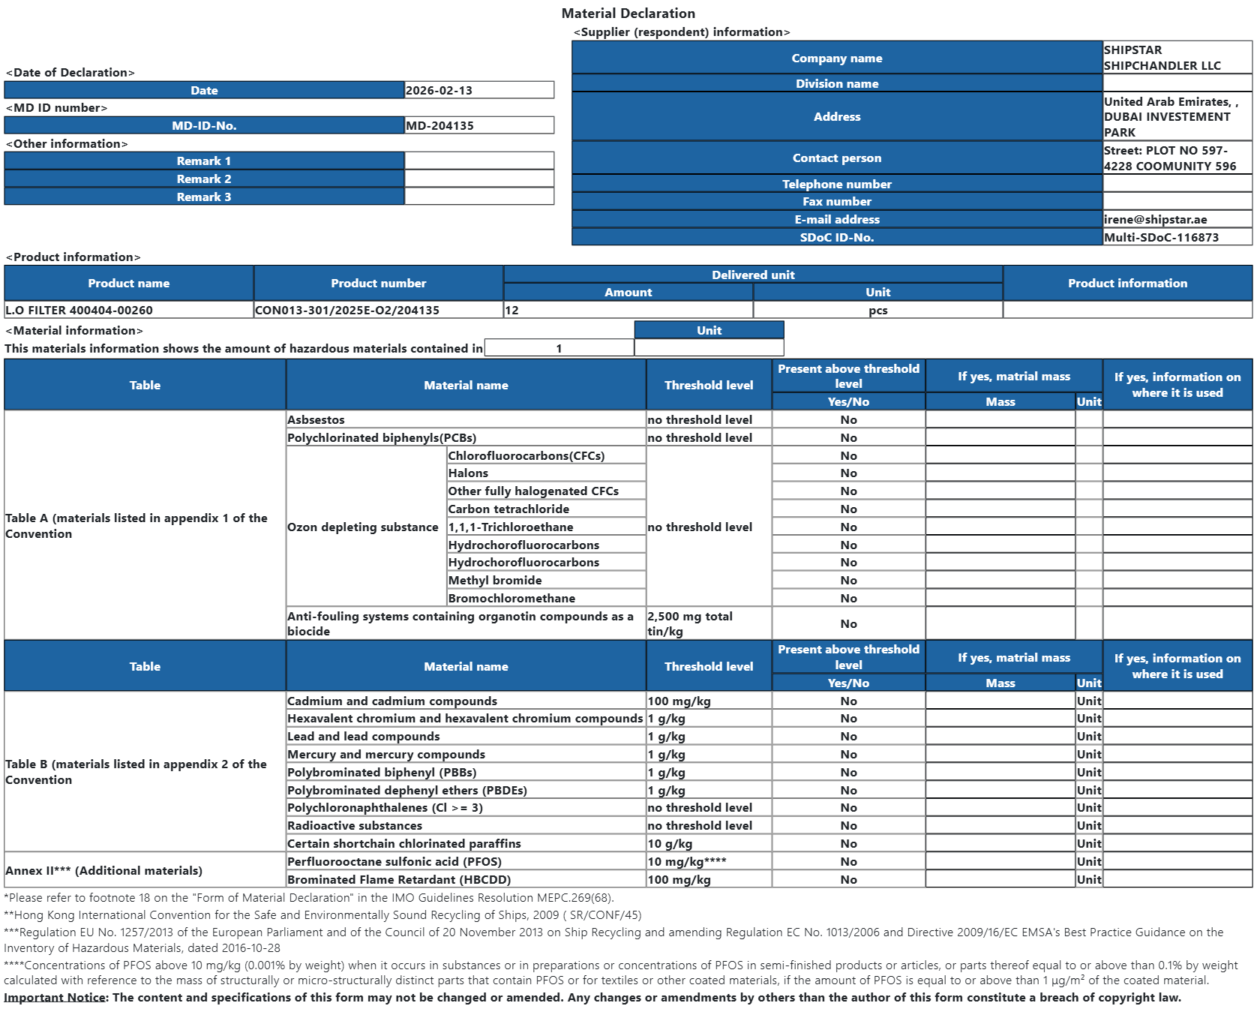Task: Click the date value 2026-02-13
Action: (x=439, y=91)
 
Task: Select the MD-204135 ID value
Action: (x=440, y=126)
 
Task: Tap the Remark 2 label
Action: (x=204, y=179)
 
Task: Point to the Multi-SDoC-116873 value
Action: (x=1162, y=238)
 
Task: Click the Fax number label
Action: (x=837, y=202)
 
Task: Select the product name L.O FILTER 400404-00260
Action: (x=79, y=311)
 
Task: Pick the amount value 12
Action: (x=512, y=311)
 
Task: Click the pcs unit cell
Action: (x=877, y=311)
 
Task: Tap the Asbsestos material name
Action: (x=316, y=420)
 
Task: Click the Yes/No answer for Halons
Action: (x=848, y=473)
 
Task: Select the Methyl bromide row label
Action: (x=495, y=581)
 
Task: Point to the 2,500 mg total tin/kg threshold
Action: (x=690, y=623)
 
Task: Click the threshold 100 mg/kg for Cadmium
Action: (x=679, y=701)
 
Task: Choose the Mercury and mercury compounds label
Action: (x=386, y=755)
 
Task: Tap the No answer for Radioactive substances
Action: (x=848, y=826)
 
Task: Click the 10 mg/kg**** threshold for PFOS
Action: (x=687, y=862)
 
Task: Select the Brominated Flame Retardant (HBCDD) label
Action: (x=399, y=880)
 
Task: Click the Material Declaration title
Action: (x=628, y=14)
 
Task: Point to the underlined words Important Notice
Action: (x=55, y=998)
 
